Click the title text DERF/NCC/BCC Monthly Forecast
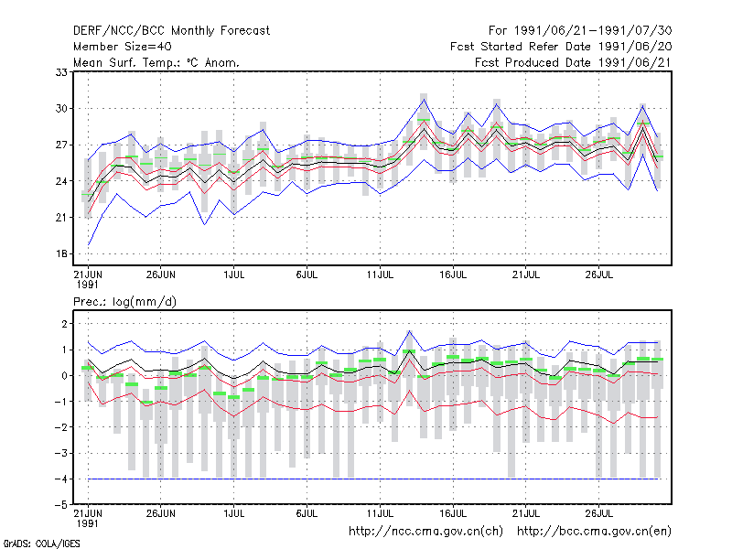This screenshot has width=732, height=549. (171, 31)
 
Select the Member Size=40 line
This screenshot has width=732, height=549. (123, 47)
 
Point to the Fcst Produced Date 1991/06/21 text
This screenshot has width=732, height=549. (574, 62)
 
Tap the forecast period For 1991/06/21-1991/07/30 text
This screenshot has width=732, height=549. (580, 31)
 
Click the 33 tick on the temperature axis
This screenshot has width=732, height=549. (61, 72)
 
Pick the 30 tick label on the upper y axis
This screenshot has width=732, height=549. (61, 108)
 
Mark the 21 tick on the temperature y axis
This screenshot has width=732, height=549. (61, 218)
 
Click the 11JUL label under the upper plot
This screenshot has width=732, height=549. (380, 275)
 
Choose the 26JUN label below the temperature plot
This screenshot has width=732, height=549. (161, 275)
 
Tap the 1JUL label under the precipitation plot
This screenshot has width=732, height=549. (234, 514)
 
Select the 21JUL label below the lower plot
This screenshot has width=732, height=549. (525, 514)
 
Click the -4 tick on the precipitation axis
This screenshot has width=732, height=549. (60, 479)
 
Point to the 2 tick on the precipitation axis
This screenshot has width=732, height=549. (64, 324)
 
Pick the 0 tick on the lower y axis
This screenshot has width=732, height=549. (64, 376)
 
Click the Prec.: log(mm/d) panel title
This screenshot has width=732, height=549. (124, 302)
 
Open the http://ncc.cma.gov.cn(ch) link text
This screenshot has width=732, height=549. (425, 532)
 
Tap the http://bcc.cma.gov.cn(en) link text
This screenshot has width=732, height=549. (594, 532)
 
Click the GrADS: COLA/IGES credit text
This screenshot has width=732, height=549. (41, 544)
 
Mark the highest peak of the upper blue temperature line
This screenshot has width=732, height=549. (424, 99)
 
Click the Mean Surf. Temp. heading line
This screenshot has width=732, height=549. (156, 62)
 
